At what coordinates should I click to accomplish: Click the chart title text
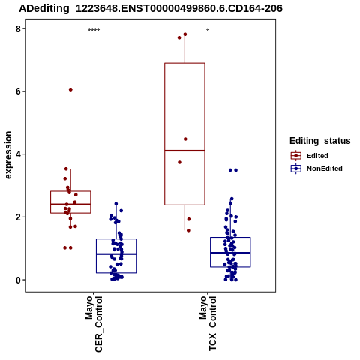pos(151,8)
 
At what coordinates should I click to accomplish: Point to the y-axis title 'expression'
pos(8,155)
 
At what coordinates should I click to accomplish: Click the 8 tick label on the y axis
pos(18,28)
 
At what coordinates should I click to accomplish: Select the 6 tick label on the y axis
pos(18,91)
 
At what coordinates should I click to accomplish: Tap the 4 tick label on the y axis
pos(18,154)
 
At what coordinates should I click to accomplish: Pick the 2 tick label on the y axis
pos(18,217)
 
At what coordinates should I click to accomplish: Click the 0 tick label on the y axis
pos(18,280)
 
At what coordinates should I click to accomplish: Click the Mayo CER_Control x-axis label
pos(94,324)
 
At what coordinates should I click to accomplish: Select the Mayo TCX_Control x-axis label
pos(208,323)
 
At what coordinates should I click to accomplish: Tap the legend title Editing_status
pos(320,141)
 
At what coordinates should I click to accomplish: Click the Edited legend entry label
pos(317,156)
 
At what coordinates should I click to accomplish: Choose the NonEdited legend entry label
pos(325,169)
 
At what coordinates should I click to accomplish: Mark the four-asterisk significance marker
pos(94,31)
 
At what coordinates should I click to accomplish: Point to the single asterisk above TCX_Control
pos(208,31)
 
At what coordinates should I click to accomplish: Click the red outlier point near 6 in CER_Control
pos(70,89)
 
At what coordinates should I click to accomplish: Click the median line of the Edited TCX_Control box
pos(184,151)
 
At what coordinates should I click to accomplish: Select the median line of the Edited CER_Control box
pos(70,205)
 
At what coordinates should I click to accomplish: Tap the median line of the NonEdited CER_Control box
pos(116,254)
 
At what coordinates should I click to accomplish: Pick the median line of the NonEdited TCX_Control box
pos(230,253)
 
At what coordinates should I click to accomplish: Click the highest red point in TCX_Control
pos(185,34)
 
